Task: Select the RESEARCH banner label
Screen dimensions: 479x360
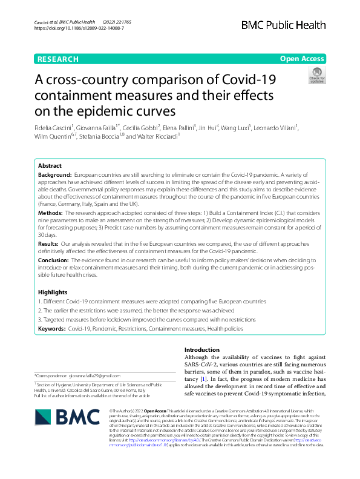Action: (58, 59)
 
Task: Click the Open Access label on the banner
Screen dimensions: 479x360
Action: (302, 59)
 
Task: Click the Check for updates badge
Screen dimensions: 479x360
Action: (317, 75)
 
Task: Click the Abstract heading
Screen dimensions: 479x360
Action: (50, 165)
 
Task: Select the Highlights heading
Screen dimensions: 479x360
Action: (53, 292)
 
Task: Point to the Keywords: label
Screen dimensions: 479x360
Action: (51, 328)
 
